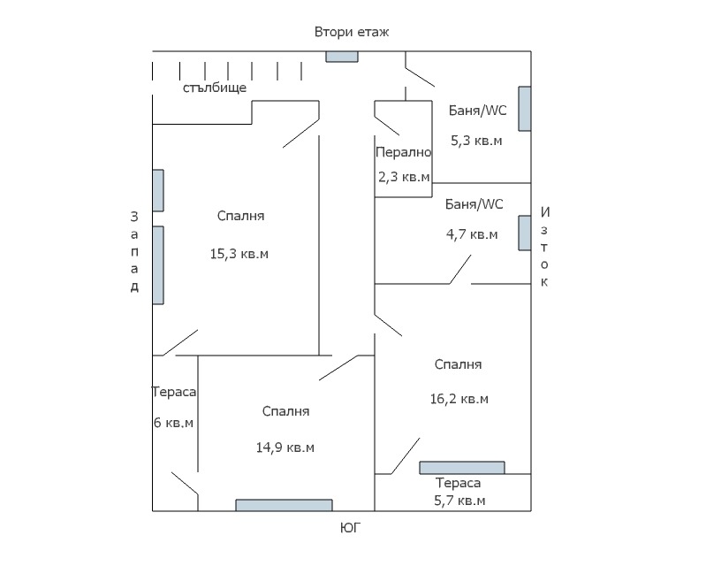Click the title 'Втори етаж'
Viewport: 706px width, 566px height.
click(x=352, y=32)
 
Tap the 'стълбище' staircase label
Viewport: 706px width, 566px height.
click(x=215, y=88)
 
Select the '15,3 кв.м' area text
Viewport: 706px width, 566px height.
click(x=239, y=254)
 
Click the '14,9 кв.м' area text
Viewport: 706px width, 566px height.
click(x=285, y=447)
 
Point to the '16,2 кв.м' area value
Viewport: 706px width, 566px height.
click(x=459, y=399)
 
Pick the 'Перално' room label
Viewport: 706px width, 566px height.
click(x=403, y=152)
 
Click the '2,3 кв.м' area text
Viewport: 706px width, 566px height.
click(x=404, y=177)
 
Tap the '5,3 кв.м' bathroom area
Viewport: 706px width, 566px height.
click(x=476, y=140)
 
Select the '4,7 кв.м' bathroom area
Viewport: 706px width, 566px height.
click(x=472, y=235)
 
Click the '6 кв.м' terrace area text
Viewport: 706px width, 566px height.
click(x=174, y=423)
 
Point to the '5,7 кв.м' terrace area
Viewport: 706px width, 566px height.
click(x=459, y=501)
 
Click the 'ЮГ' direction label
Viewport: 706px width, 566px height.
click(x=351, y=529)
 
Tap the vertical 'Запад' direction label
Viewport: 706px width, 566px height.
click(x=134, y=251)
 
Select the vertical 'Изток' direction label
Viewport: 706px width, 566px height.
click(x=545, y=247)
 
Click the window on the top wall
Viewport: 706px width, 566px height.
click(x=342, y=56)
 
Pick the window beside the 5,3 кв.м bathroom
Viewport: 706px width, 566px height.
click(x=524, y=109)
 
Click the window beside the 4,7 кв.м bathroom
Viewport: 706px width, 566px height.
click(x=524, y=232)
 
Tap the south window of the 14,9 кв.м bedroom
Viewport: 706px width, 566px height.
click(x=284, y=505)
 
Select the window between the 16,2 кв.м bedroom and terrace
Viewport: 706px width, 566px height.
click(x=461, y=467)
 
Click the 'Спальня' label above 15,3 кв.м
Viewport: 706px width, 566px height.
click(x=240, y=216)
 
